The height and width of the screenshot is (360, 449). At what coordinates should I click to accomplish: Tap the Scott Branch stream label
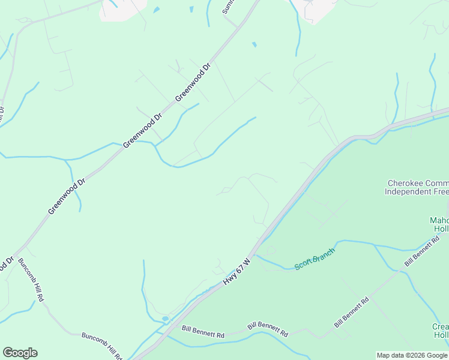tap(314, 259)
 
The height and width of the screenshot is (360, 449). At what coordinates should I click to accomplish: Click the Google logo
tap(20, 353)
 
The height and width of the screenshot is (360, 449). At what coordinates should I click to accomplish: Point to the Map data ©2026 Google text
tap(412, 355)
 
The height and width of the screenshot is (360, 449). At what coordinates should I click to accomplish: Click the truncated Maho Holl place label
tap(439, 224)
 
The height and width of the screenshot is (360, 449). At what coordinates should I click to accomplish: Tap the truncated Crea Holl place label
tap(440, 331)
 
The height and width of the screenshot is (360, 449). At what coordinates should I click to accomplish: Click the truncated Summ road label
tap(228, 6)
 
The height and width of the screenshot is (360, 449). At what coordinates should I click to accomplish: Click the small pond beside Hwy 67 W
tap(165, 319)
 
